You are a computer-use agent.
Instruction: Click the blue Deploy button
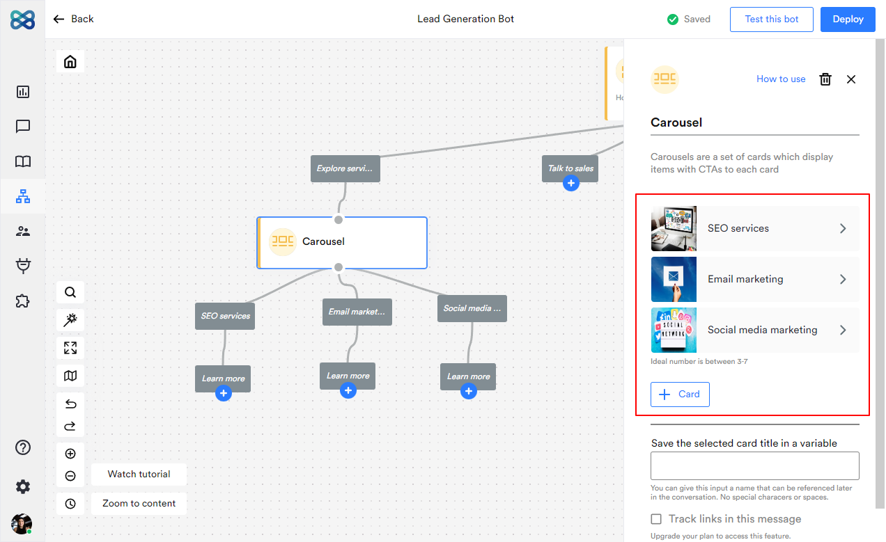point(848,19)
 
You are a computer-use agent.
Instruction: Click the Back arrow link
point(73,19)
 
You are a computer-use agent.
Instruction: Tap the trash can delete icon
point(825,79)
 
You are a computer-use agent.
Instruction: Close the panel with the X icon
point(851,79)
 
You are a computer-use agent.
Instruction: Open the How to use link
point(781,79)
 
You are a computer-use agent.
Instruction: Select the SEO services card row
point(754,228)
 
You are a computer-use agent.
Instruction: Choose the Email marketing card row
point(754,279)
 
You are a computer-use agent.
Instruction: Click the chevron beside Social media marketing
point(843,330)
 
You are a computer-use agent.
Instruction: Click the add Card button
point(680,394)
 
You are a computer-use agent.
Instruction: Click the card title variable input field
point(754,466)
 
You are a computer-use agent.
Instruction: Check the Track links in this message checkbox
point(656,519)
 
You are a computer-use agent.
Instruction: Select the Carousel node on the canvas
point(342,242)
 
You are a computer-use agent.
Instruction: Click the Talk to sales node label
point(570,168)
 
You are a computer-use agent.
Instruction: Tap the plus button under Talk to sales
point(571,184)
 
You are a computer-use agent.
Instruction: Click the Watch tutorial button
point(139,475)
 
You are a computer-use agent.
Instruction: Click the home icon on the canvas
point(70,62)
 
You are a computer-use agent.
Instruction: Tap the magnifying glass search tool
point(70,292)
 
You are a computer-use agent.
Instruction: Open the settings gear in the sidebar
point(23,487)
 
